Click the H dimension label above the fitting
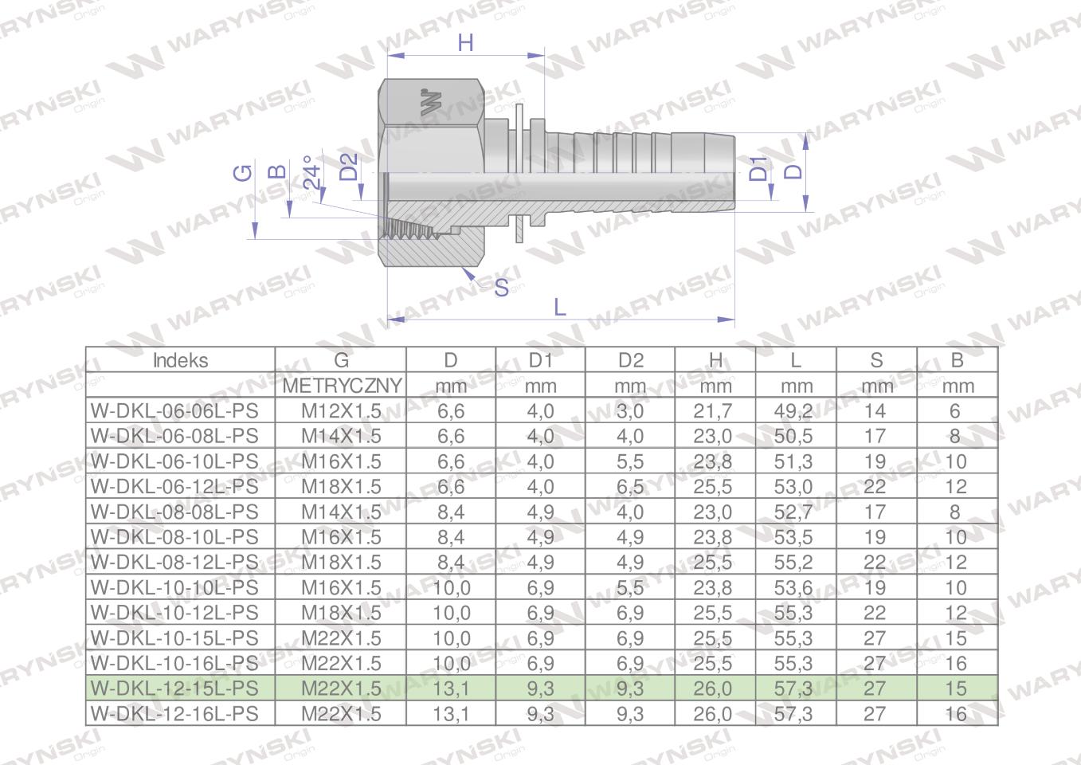point(466,42)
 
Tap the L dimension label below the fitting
point(559,307)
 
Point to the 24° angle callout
point(314,171)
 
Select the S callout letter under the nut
point(501,288)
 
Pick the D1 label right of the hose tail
point(759,169)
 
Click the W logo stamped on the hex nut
point(431,102)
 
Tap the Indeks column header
point(180,360)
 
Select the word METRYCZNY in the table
point(342,386)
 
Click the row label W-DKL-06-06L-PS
point(174,411)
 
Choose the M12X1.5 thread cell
point(341,411)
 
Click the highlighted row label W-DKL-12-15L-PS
point(174,688)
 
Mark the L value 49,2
point(793,411)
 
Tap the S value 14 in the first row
point(875,411)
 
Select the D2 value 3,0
point(630,411)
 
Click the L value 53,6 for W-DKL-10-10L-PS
point(793,587)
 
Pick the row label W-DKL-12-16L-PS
point(174,713)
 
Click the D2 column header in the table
point(630,360)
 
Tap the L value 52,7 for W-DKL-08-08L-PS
point(793,512)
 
